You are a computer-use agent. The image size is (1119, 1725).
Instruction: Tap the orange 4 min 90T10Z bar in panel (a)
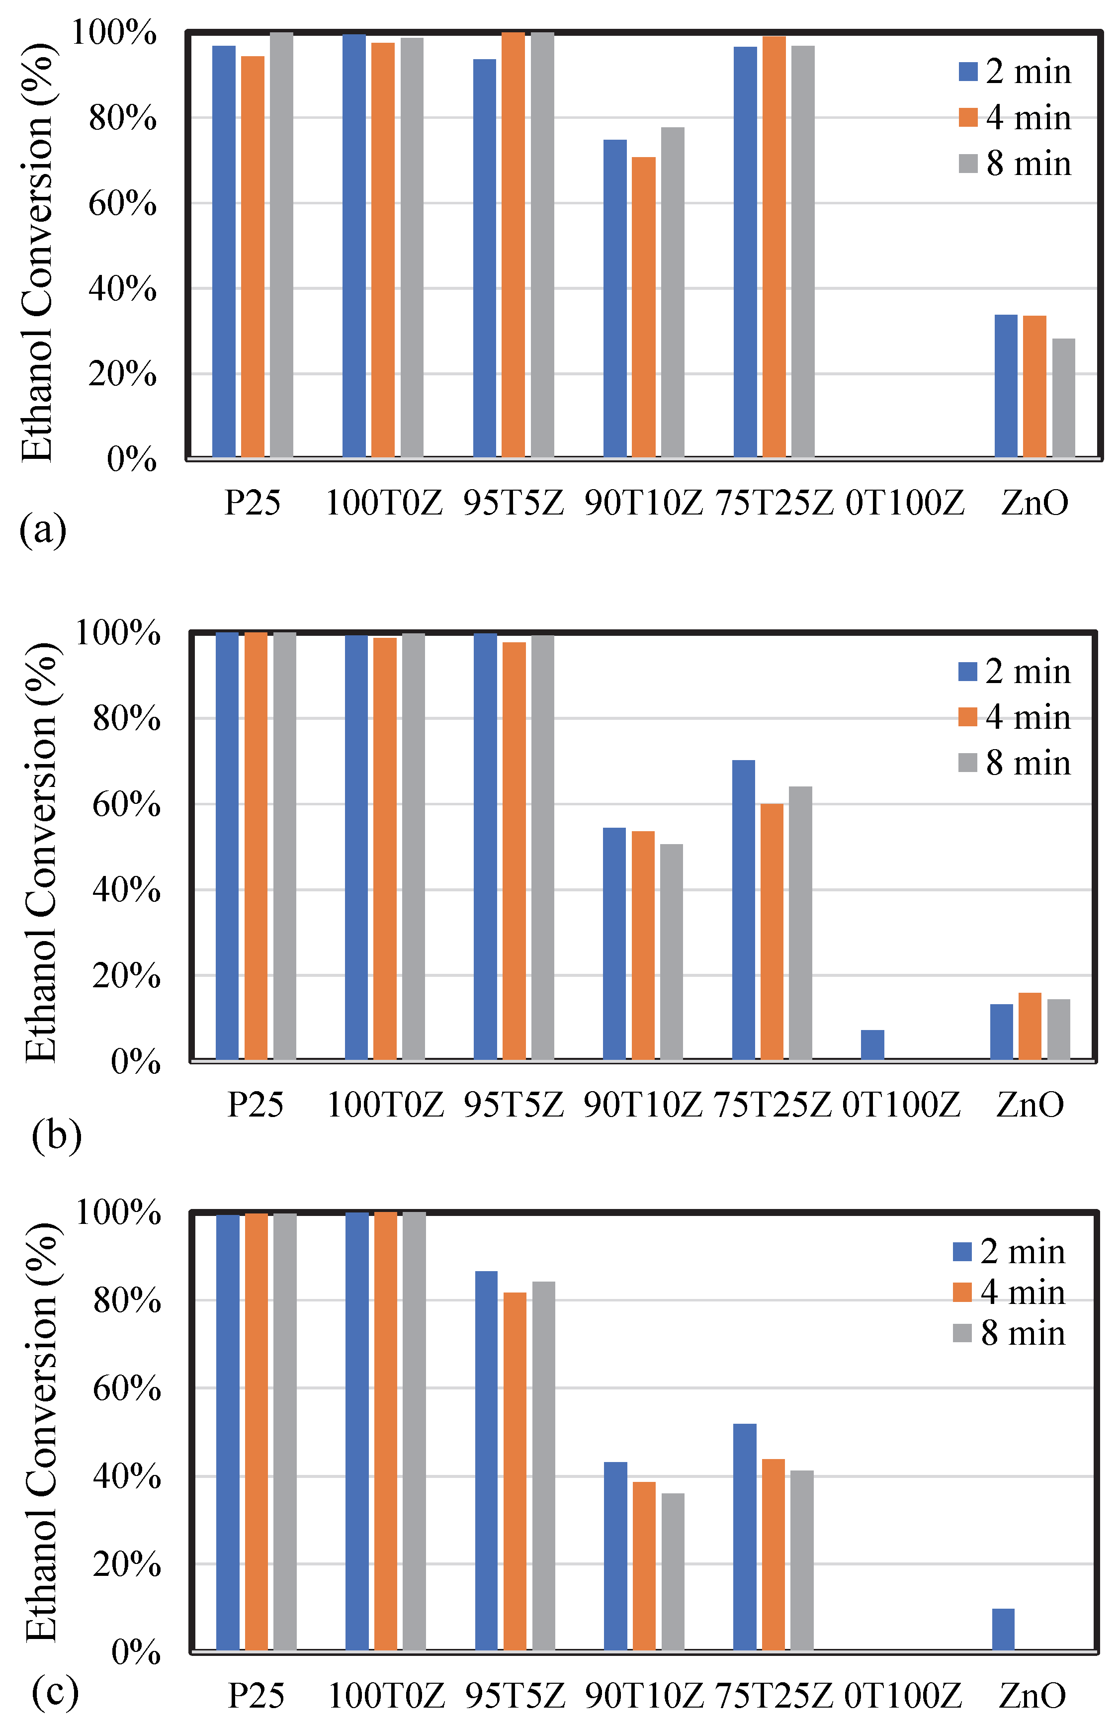coord(644,307)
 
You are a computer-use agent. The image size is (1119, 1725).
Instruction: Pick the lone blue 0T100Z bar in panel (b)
coord(872,1044)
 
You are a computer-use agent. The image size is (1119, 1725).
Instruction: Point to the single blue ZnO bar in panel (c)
coord(1003,1630)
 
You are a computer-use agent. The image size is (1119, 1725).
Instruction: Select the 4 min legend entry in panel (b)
coord(1014,717)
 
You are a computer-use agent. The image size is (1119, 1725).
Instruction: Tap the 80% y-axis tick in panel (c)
coord(127,1301)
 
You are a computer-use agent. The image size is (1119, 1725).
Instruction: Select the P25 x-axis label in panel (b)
coord(255,1104)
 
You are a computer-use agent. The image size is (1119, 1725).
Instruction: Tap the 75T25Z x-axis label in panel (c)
coord(774,1695)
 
